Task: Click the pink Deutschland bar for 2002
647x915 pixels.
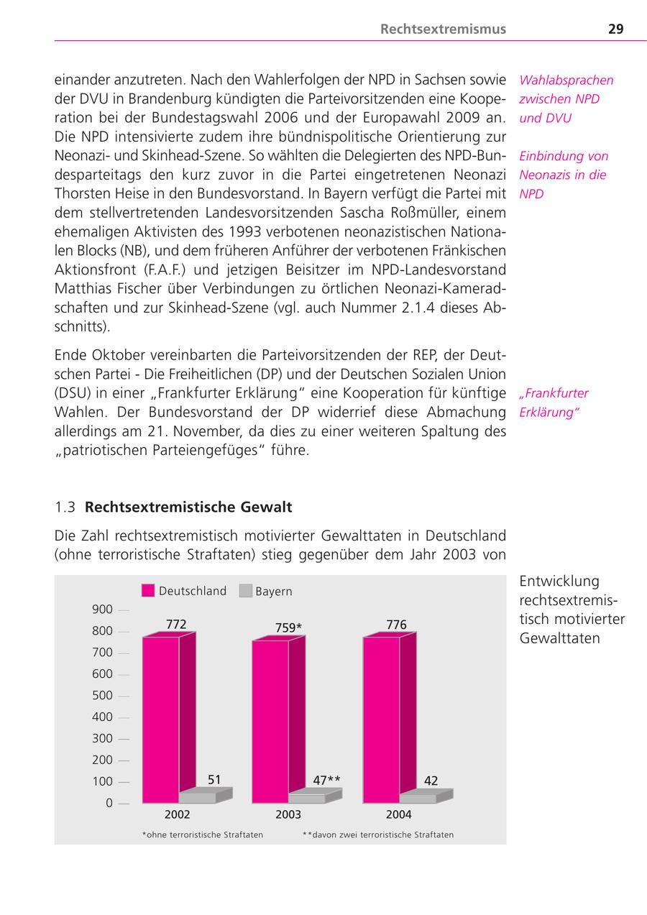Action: pyautogui.click(x=161, y=719)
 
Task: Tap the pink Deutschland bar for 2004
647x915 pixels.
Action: pyautogui.click(x=381, y=719)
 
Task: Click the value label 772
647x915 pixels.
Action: pyautogui.click(x=176, y=625)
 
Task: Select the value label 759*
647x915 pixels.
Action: pyautogui.click(x=288, y=627)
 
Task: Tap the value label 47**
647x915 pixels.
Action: pyautogui.click(x=327, y=780)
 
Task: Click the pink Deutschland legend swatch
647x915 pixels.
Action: pyautogui.click(x=148, y=591)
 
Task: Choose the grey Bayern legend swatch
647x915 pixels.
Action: pyautogui.click(x=245, y=591)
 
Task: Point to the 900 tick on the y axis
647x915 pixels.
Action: pyautogui.click(x=103, y=610)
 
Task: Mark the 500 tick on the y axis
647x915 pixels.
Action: pyautogui.click(x=103, y=695)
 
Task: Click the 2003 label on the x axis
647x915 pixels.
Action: pyautogui.click(x=288, y=814)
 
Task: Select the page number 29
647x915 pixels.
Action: pyautogui.click(x=615, y=29)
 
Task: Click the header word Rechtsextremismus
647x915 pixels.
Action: pyautogui.click(x=443, y=29)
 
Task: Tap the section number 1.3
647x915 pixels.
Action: pyautogui.click(x=65, y=507)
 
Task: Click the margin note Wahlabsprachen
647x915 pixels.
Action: pyautogui.click(x=566, y=80)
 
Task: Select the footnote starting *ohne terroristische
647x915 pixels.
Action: pyautogui.click(x=203, y=834)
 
